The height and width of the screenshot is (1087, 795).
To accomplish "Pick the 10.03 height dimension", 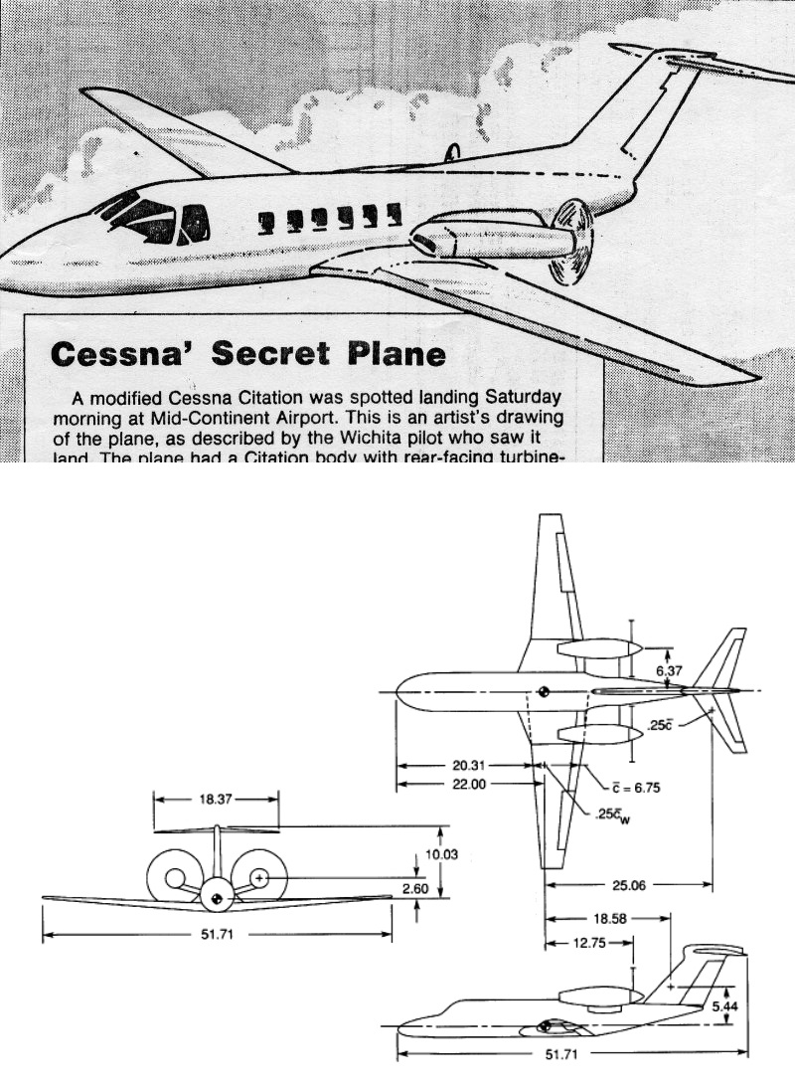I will point(439,853).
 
